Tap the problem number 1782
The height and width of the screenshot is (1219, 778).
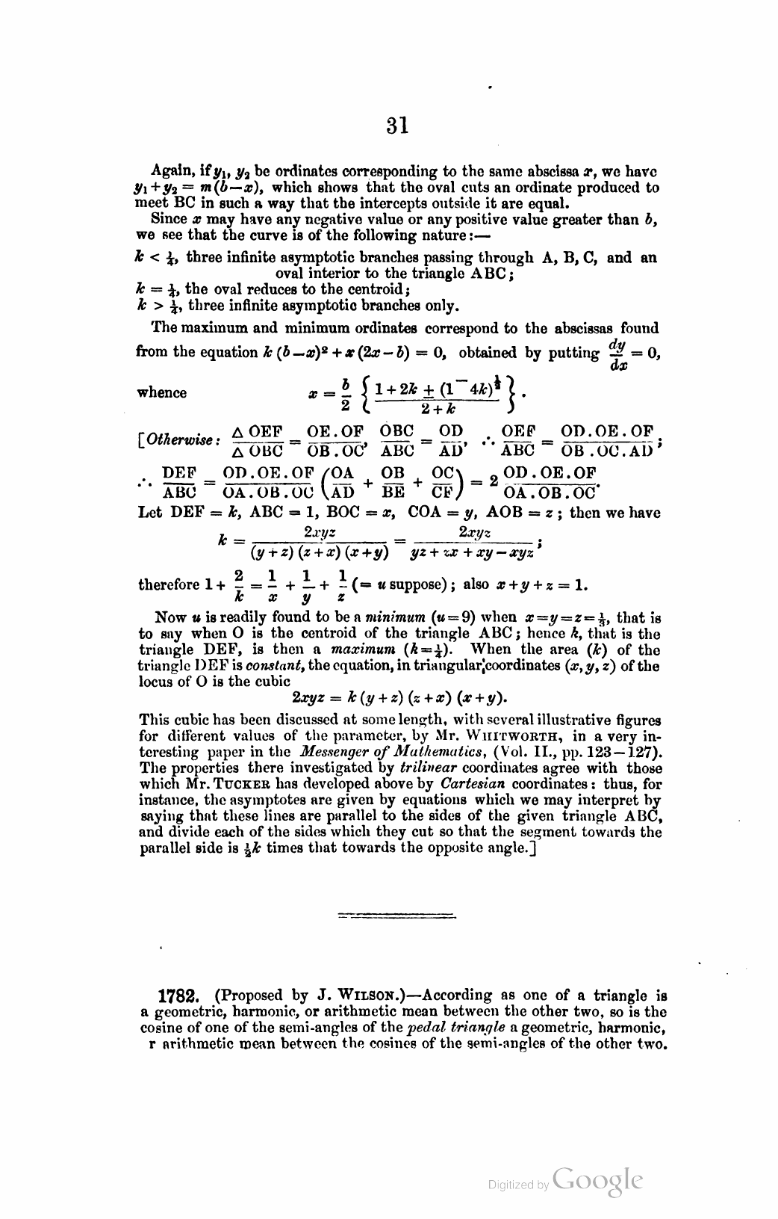(178, 996)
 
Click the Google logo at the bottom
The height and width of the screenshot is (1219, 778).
(597, 1181)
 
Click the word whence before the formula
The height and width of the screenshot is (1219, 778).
(163, 393)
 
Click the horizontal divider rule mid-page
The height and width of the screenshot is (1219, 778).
(396, 915)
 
